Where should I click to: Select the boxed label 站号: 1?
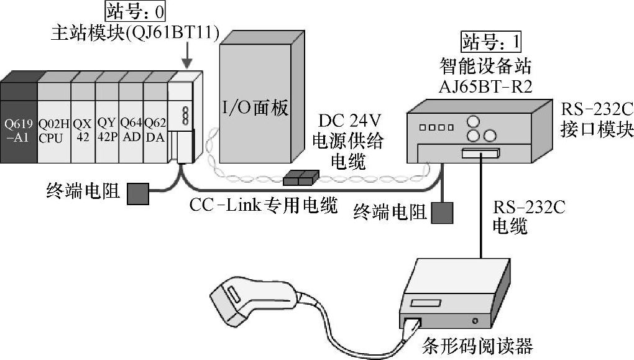pyautogui.click(x=490, y=42)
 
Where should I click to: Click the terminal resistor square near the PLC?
pyautogui.click(x=138, y=193)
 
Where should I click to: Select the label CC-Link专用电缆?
pyautogui.click(x=264, y=205)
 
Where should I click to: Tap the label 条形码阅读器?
pyautogui.click(x=470, y=344)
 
